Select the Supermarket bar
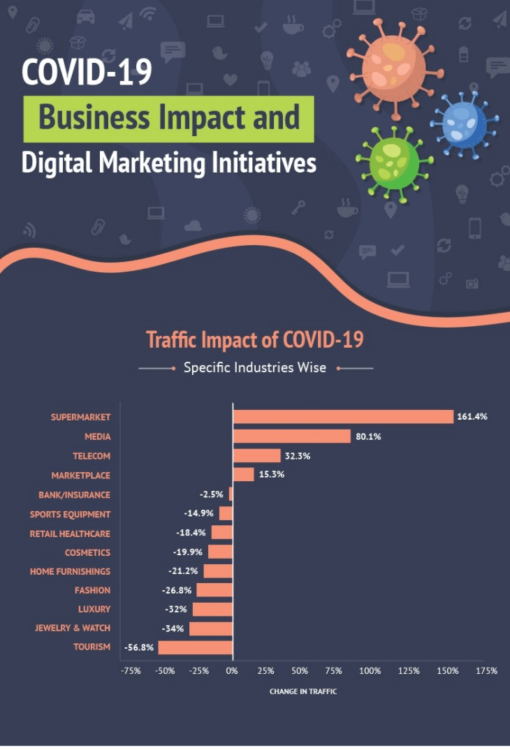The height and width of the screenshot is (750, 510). [344, 417]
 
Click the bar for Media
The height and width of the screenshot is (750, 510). [292, 436]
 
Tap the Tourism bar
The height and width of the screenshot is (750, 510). [195, 647]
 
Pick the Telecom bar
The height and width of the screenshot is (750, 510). [257, 455]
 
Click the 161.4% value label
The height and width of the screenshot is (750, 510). [472, 417]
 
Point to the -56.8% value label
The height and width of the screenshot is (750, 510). [139, 647]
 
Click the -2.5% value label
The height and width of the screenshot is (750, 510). [211, 494]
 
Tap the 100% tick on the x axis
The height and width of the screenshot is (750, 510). [370, 671]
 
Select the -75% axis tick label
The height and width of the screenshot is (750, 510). [131, 671]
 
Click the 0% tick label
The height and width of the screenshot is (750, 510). [232, 671]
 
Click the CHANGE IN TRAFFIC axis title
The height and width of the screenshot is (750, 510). [303, 691]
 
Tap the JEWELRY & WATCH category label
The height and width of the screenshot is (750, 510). [72, 628]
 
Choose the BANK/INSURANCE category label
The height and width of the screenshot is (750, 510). [74, 495]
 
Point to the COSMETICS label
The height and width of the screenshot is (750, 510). [87, 553]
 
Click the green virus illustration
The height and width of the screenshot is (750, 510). [394, 163]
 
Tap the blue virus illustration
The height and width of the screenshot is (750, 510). [464, 124]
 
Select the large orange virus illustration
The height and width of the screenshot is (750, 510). [395, 68]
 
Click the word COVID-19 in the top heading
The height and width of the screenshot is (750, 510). [87, 72]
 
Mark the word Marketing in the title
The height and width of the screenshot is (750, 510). [152, 163]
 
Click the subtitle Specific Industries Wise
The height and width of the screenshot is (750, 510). [255, 368]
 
